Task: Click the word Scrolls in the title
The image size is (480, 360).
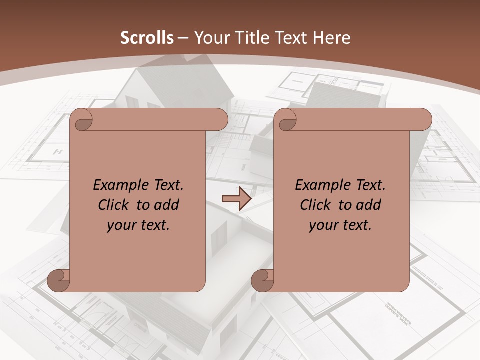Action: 147,37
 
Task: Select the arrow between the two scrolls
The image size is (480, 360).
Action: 236,199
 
